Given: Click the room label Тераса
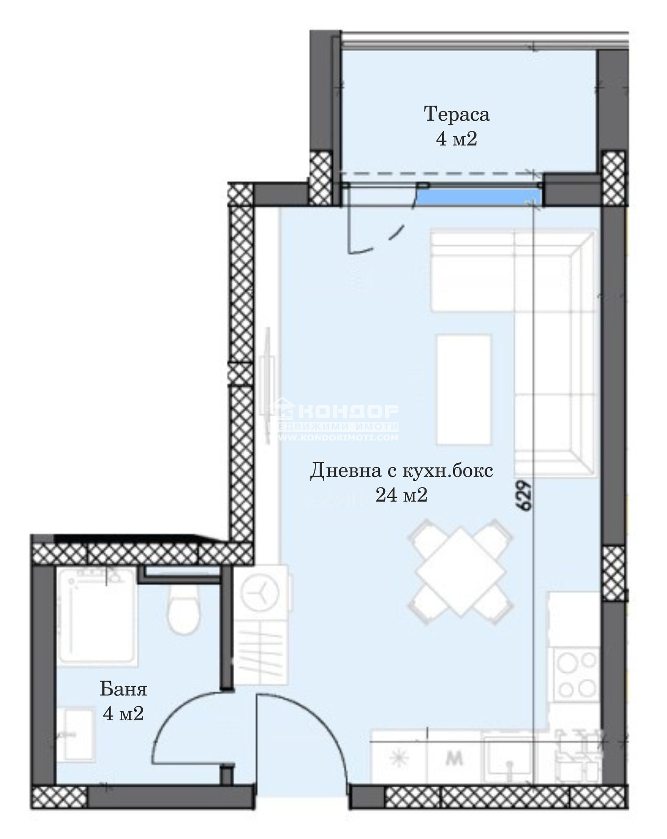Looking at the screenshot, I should pyautogui.click(x=456, y=114).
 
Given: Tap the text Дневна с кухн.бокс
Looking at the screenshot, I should pyautogui.click(x=401, y=471).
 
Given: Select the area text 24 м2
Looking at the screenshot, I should pyautogui.click(x=401, y=495).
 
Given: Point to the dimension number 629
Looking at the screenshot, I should pyautogui.click(x=525, y=495).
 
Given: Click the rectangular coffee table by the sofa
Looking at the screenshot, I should pyautogui.click(x=464, y=389).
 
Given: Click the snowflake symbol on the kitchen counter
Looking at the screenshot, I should pyautogui.click(x=399, y=759).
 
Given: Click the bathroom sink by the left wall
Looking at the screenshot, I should pyautogui.click(x=75, y=734).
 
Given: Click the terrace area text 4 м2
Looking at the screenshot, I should pyautogui.click(x=456, y=139).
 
